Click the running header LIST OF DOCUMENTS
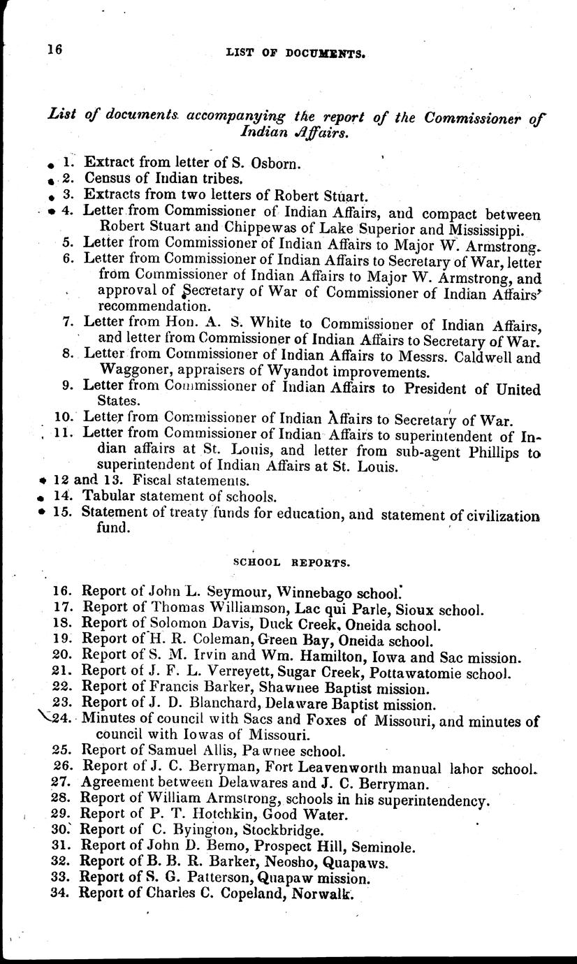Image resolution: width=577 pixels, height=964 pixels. click(296, 52)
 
